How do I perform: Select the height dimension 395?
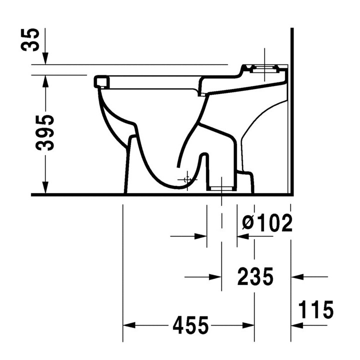(46, 132)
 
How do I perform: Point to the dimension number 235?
(255, 276)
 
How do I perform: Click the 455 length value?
(190, 326)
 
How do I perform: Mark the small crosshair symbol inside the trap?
(186, 179)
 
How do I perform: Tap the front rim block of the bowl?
(101, 80)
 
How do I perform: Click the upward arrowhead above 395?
(46, 80)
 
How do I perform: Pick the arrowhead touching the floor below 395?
(46, 189)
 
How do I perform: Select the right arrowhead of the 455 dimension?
(249, 325)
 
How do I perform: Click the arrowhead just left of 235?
(216, 276)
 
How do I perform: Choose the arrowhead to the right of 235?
(296, 276)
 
